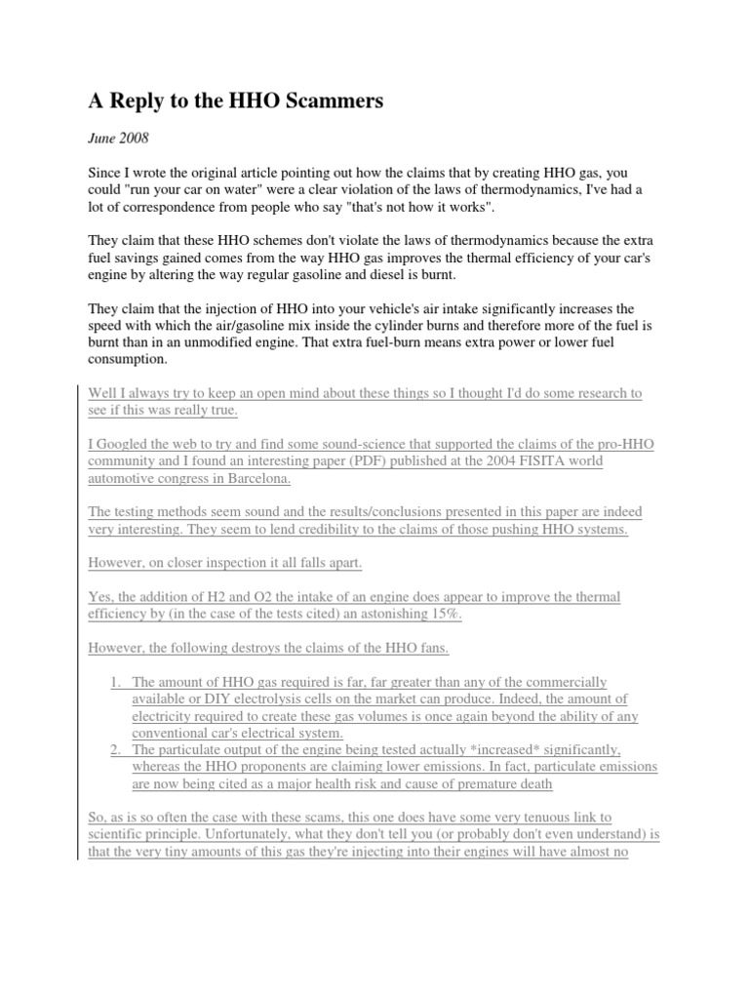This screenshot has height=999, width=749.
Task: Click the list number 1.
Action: [115, 682]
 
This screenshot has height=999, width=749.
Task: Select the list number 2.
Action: [115, 749]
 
